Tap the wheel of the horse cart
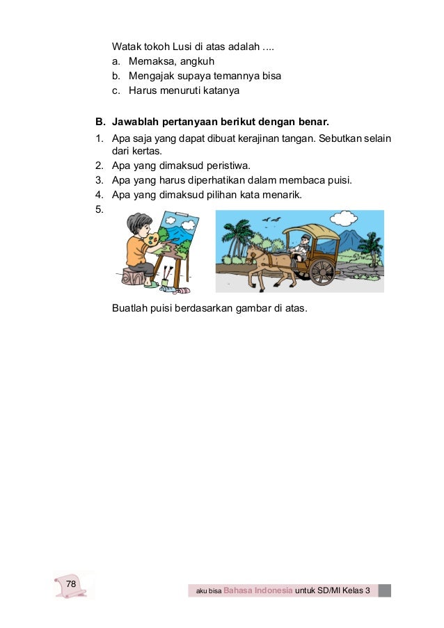point(322,270)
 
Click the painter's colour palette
point(150,244)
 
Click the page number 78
point(70,582)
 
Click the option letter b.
point(116,76)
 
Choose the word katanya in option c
point(238,90)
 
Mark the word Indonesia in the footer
point(272,591)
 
